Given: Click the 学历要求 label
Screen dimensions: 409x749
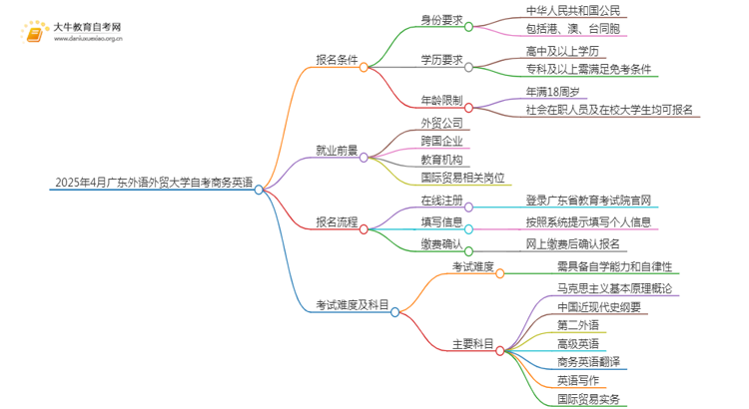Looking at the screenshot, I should point(441,61).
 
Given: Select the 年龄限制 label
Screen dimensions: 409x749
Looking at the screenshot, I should point(441,102).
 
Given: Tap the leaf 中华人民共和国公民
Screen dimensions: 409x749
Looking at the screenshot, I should point(573,11).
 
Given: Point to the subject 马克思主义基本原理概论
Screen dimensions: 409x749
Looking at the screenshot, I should point(615,288).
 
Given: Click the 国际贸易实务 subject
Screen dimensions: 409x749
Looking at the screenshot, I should point(589,399).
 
